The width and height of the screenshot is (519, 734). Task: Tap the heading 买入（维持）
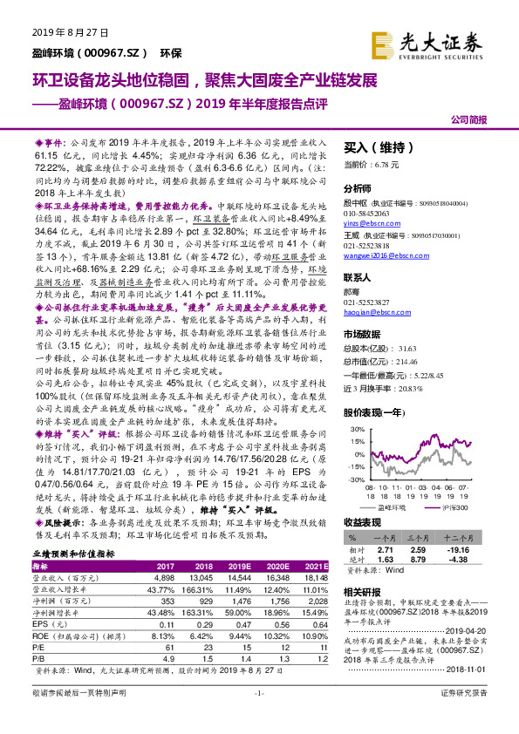point(377,147)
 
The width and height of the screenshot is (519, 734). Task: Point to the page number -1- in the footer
point(259,717)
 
